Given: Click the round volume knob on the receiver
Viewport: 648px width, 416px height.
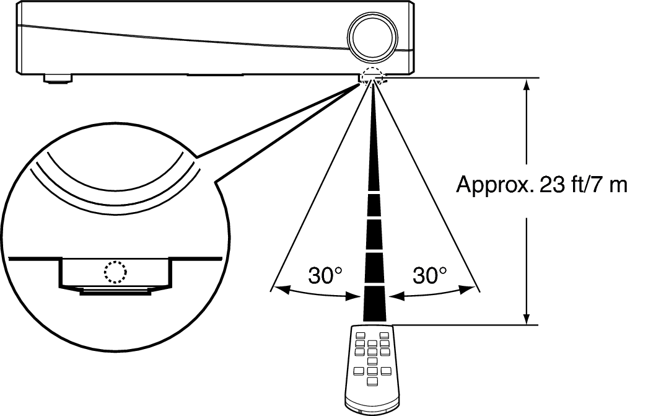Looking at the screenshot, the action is pyautogui.click(x=372, y=37).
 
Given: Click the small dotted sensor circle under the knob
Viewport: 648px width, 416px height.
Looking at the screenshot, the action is pyautogui.click(x=372, y=75).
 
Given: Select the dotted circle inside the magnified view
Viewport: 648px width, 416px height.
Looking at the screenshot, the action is pyautogui.click(x=115, y=272).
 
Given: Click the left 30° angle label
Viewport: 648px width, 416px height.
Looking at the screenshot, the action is pyautogui.click(x=326, y=275).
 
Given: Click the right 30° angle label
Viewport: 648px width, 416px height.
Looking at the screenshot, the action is pyautogui.click(x=430, y=275).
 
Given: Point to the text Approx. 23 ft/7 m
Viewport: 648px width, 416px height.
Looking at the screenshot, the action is pyautogui.click(x=542, y=184).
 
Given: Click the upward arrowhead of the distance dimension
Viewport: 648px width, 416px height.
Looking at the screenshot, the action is pyautogui.click(x=526, y=85).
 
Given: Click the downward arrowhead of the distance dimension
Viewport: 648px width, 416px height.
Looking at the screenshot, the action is pyautogui.click(x=526, y=318).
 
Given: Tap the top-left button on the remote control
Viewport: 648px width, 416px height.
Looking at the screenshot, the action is pyautogui.click(x=360, y=335).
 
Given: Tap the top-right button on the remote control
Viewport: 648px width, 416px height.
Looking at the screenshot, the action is pyautogui.click(x=385, y=335).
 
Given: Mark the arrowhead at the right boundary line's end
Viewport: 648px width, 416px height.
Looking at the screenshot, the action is pyautogui.click(x=467, y=290).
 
